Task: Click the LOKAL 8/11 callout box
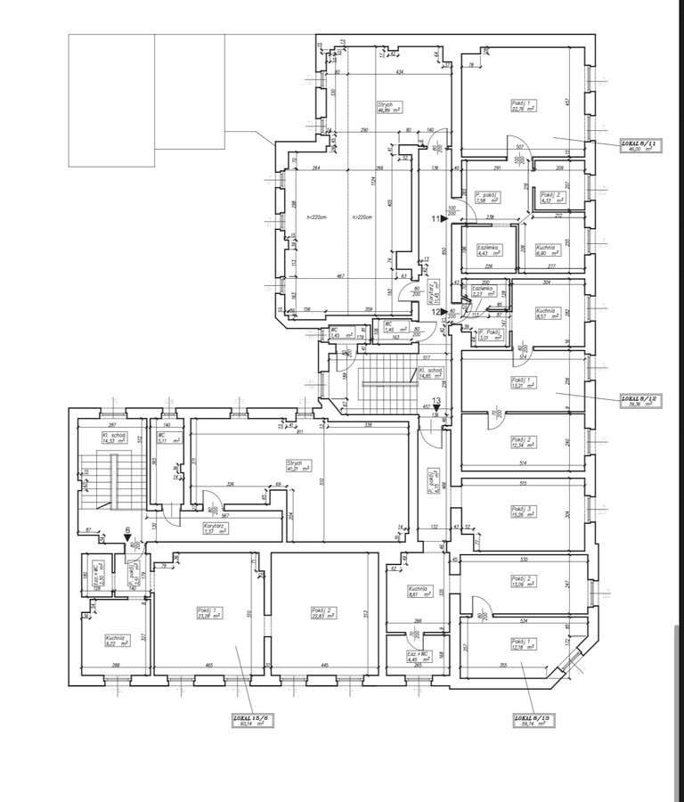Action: coord(639,147)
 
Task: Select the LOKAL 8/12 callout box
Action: coord(639,401)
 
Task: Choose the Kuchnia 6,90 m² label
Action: coord(546,250)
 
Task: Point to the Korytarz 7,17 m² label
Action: coord(215,528)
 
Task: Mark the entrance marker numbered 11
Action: coord(438,217)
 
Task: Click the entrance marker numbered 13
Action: coord(436,401)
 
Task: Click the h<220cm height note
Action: coord(313,218)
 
